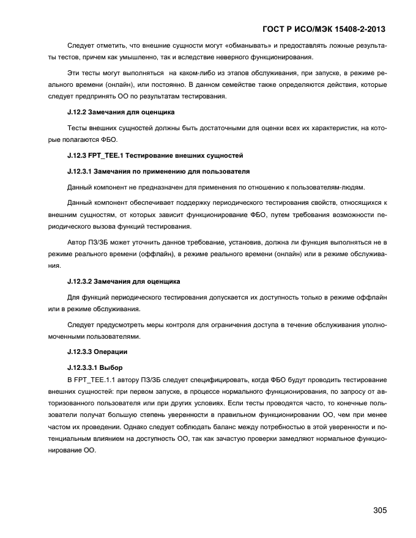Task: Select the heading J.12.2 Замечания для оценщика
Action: pyautogui.click(x=121, y=112)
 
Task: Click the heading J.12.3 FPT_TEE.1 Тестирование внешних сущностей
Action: pyautogui.click(x=155, y=155)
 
